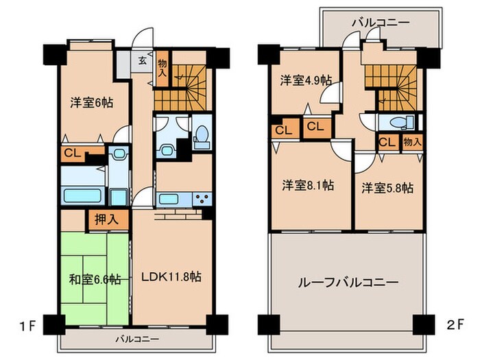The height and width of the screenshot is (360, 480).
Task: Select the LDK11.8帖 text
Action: pos(172,278)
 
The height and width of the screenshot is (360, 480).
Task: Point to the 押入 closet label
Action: pos(107,219)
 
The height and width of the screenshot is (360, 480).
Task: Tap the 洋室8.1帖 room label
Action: pos(309,185)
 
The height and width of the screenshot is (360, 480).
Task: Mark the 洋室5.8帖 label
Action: pos(388,187)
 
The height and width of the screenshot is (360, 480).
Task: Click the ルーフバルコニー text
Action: pos(348,282)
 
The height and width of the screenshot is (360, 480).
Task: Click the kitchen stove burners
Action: pos(202,200)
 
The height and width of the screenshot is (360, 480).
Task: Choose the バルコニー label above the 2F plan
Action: pos(381,23)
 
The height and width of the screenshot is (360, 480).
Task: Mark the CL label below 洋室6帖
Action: pos(72,154)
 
